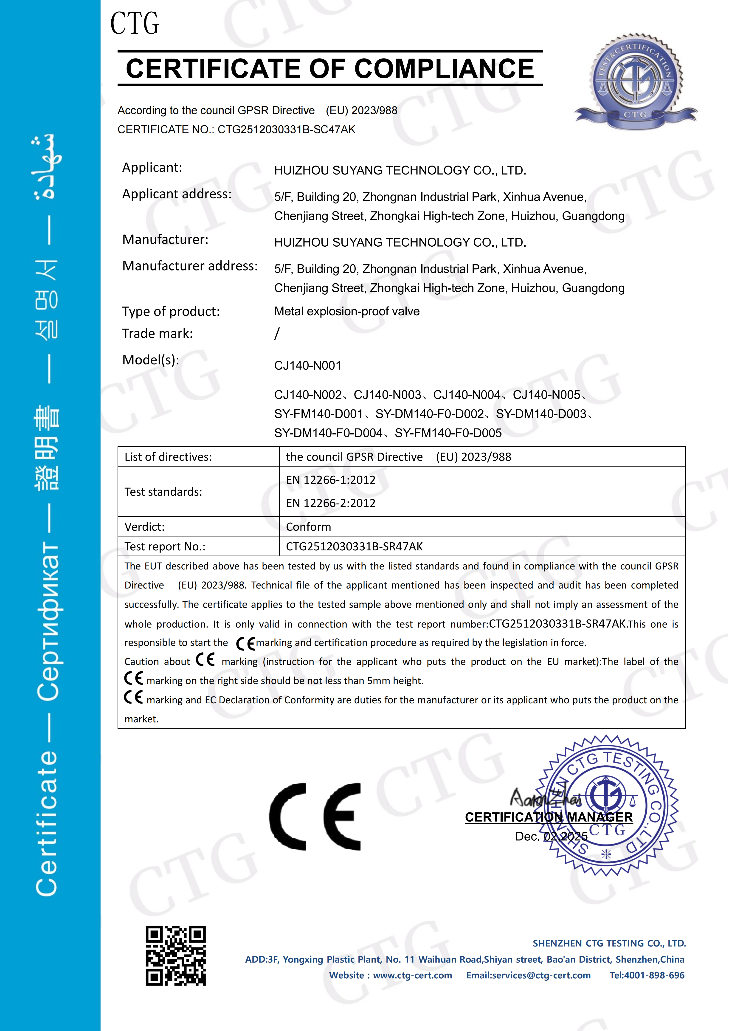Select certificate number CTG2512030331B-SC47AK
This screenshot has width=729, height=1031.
point(286,130)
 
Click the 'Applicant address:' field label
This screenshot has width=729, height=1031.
point(177,194)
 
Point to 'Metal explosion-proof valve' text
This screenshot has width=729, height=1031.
point(346,311)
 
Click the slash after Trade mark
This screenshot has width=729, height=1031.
point(277,334)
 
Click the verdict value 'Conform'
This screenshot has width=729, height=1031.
point(308,527)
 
